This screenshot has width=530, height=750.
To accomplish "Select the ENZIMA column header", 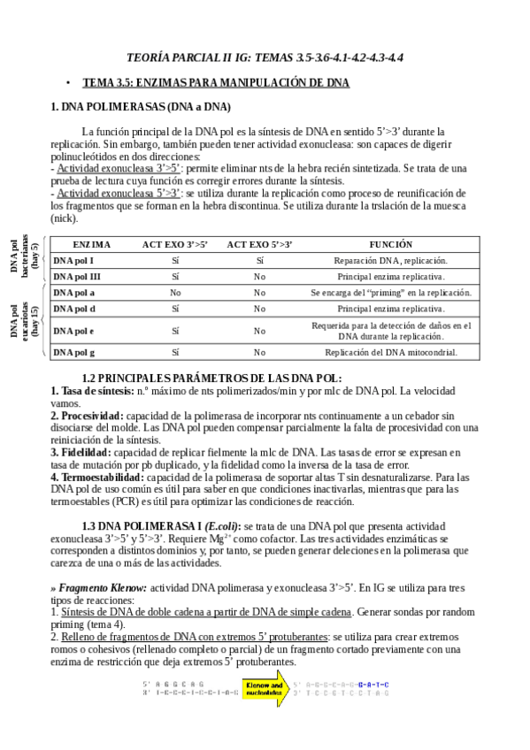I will [92, 244].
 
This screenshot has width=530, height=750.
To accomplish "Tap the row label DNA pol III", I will [77, 276].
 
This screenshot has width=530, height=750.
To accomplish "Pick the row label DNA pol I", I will [73, 260].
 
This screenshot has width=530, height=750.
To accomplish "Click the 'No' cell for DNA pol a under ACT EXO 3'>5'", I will [175, 292].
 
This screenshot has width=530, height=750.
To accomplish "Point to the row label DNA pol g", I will [74, 352].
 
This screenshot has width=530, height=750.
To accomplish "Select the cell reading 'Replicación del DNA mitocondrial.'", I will [391, 352].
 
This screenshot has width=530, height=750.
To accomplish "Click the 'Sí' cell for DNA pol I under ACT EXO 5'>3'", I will [259, 260].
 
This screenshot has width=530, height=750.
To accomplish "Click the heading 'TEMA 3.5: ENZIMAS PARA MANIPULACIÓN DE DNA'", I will [216, 82].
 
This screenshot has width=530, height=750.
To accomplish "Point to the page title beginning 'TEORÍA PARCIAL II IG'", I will [265, 57].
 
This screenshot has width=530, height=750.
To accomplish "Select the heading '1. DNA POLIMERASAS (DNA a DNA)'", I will [141, 107].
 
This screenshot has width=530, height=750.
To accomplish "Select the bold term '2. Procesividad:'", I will [87, 415].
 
